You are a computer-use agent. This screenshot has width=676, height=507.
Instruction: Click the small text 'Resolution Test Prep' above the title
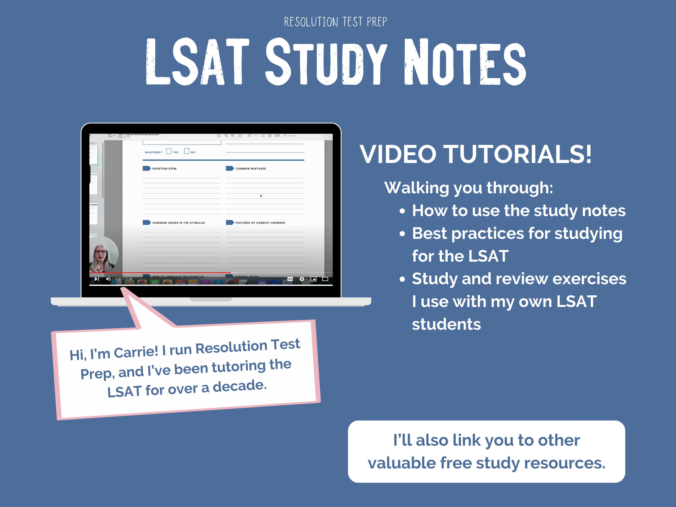click(x=335, y=22)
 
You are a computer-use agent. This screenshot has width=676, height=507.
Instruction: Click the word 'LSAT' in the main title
click(x=198, y=62)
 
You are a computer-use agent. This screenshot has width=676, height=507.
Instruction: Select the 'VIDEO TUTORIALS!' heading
click(x=475, y=154)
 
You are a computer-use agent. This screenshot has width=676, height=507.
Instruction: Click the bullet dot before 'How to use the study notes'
click(x=402, y=211)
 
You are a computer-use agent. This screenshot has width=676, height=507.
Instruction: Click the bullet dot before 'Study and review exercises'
click(x=402, y=279)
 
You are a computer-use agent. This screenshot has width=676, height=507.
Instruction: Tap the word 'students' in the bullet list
click(x=446, y=324)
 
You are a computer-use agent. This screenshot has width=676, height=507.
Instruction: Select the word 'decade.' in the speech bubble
click(x=240, y=386)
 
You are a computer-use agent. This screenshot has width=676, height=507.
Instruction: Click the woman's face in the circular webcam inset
click(x=101, y=253)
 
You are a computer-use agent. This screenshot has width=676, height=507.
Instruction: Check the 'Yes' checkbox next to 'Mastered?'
click(x=169, y=151)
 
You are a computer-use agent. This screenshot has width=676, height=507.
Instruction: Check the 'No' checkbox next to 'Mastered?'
click(x=187, y=151)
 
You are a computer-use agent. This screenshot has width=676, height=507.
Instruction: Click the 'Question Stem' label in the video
click(x=164, y=169)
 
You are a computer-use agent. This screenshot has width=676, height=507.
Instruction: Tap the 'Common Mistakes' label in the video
click(x=250, y=169)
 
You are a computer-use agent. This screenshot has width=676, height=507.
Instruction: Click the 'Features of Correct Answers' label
click(x=260, y=223)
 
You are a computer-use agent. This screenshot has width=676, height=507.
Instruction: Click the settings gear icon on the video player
click(x=302, y=279)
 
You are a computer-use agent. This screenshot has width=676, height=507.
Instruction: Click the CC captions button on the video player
click(x=290, y=279)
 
